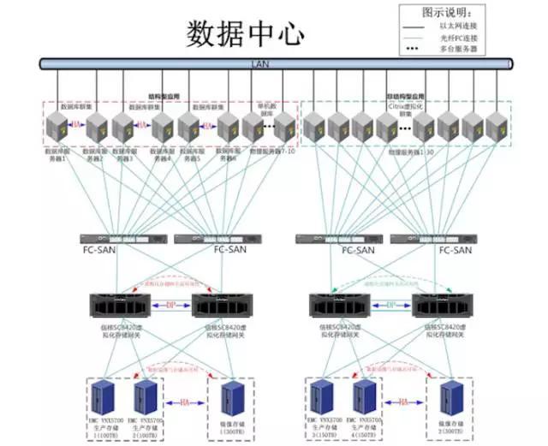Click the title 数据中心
point(245,33)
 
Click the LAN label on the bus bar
point(259,62)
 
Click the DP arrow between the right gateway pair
point(390,304)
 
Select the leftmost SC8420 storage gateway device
point(120,306)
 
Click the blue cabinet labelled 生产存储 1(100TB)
point(105,396)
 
